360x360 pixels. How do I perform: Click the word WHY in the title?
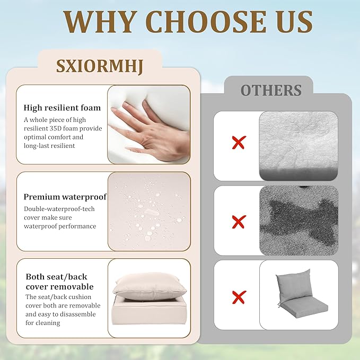tap(99, 22)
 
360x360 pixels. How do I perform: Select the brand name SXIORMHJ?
tap(100, 67)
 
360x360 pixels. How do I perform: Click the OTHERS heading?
tap(271, 90)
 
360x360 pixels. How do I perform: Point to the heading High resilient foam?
tap(62, 108)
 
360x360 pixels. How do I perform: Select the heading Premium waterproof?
tap(65, 197)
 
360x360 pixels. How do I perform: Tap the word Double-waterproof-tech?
tap(59, 209)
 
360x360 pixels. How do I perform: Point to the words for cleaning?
tap(43, 323)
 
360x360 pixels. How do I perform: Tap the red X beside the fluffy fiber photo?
tap(239, 143)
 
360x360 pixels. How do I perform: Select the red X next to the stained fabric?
tap(239, 222)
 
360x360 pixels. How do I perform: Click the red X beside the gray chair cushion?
tap(239, 297)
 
